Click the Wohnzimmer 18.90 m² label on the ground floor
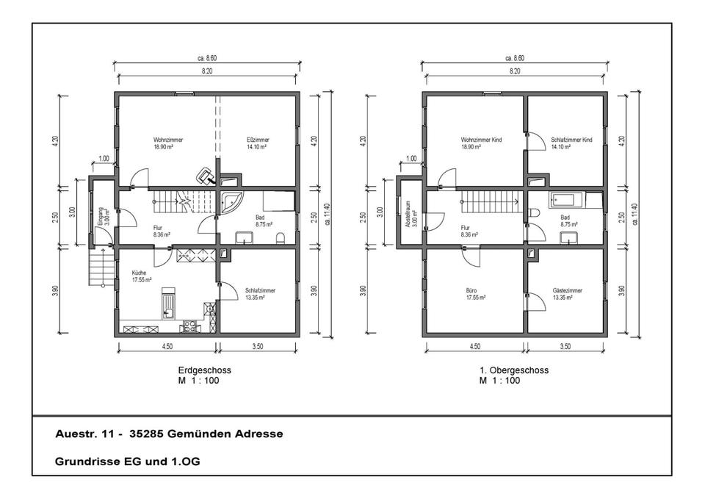[167, 143]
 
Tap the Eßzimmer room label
[258, 143]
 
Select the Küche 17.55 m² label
[141, 276]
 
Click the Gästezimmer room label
[567, 294]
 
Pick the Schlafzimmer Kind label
[571, 143]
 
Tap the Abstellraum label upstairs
[411, 214]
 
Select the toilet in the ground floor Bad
[281, 237]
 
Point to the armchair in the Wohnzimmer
[206, 176]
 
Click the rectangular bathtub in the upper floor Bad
[565, 199]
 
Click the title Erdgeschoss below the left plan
[205, 370]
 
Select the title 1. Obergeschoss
[514, 370]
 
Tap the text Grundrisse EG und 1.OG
[127, 462]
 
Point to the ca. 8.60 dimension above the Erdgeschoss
[207, 58]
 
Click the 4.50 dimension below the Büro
[475, 346]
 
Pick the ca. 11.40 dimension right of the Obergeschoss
[634, 214]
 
